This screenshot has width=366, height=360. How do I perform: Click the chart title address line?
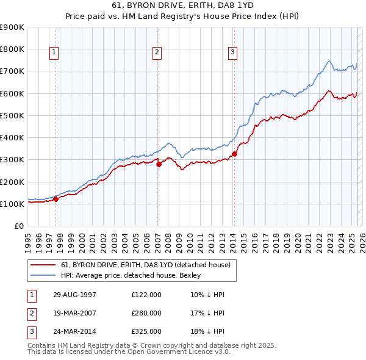click(183, 7)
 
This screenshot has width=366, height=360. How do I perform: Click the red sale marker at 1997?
click(56, 199)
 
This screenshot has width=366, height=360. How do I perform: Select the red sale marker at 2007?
click(159, 164)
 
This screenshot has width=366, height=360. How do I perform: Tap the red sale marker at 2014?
click(234, 154)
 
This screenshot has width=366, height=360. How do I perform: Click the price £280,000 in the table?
click(146, 313)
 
